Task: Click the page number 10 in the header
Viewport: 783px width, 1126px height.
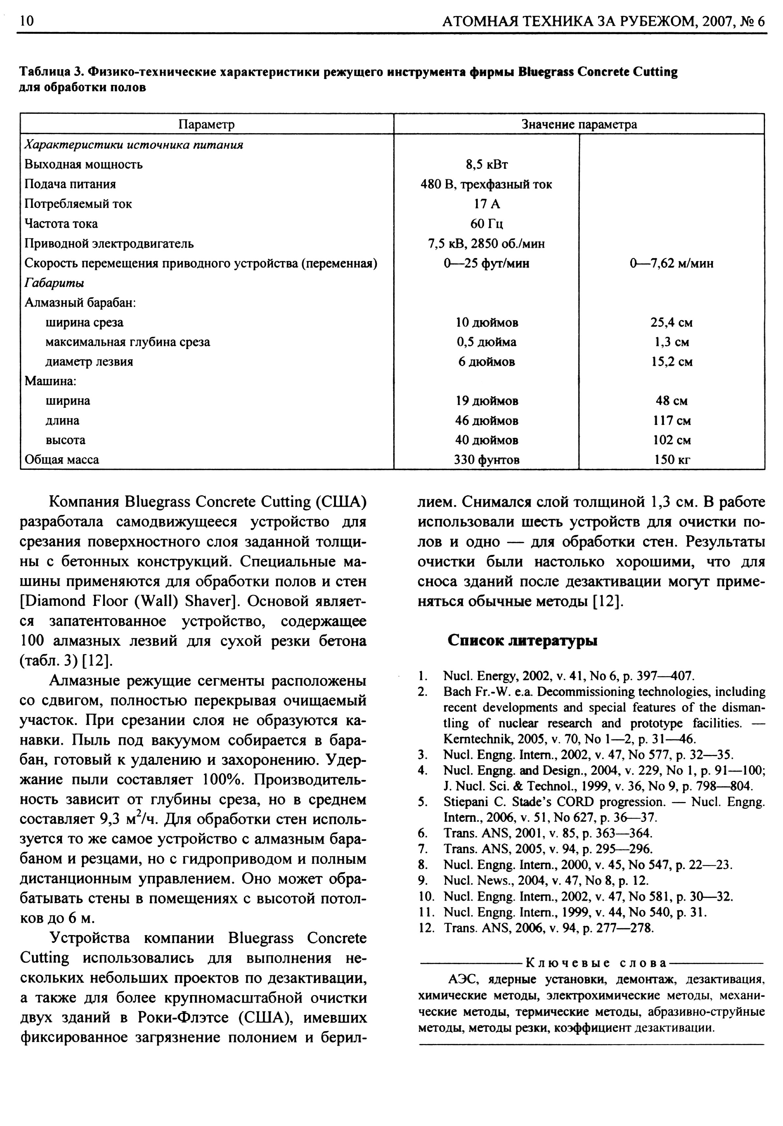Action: click(x=27, y=22)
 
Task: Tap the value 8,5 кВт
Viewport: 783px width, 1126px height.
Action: click(x=486, y=164)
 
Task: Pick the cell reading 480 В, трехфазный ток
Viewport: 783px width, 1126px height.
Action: click(x=486, y=184)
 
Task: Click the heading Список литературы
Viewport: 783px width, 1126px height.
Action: click(x=522, y=641)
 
